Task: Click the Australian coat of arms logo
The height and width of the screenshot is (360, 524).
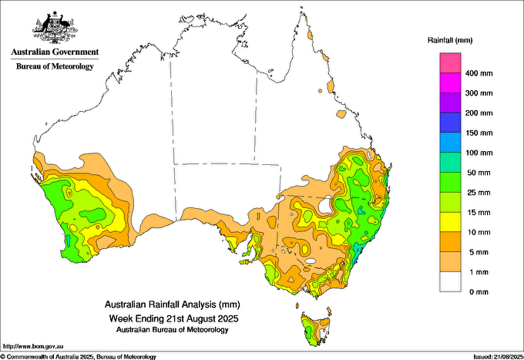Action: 55,28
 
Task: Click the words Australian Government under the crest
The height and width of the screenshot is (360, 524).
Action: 55,52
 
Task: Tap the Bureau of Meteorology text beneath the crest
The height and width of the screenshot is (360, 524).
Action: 55,66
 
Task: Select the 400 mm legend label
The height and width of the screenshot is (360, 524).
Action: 479,73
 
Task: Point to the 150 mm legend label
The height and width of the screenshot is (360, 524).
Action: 479,133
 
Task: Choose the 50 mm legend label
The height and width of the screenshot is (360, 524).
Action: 479,173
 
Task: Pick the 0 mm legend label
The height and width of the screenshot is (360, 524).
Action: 479,292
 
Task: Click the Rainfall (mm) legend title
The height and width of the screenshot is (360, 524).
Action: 450,40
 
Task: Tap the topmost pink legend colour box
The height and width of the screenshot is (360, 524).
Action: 450,63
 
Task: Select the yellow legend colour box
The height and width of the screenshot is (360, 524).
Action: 450,222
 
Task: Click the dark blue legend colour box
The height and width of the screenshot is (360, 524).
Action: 450,123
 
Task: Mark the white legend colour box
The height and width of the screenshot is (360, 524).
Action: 450,282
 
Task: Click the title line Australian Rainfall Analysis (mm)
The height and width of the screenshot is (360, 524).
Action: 173,304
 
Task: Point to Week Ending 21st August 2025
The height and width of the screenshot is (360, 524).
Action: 174,318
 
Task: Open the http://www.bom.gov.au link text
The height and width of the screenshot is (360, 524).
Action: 33,346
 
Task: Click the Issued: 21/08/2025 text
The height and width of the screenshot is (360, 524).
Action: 499,357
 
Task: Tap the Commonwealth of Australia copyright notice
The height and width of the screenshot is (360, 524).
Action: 79,357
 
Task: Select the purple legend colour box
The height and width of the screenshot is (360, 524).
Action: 450,103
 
